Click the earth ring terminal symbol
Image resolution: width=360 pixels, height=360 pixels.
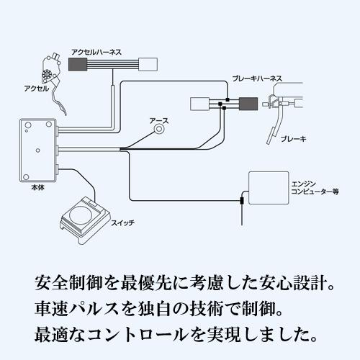click(x=159, y=135)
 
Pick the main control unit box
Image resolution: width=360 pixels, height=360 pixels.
click(x=37, y=152)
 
